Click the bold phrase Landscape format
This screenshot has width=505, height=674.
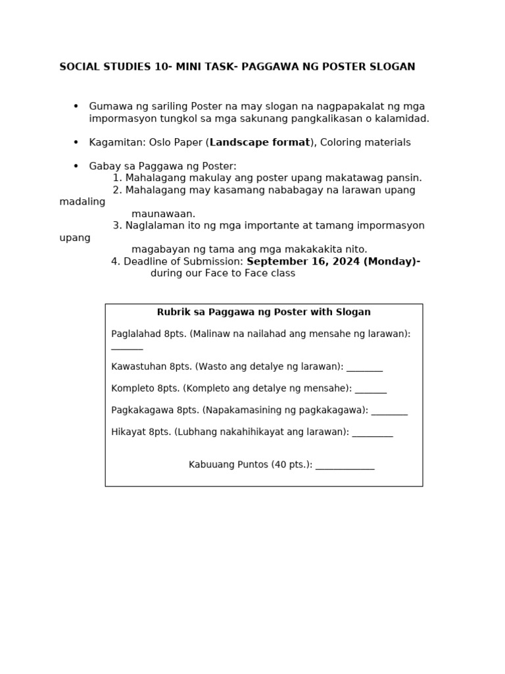(x=260, y=143)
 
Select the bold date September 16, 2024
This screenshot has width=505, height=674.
(x=303, y=261)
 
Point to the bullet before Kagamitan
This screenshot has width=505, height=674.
(x=76, y=143)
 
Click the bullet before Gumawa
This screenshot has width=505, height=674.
(x=76, y=107)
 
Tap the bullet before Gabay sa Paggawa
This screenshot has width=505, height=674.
(x=76, y=167)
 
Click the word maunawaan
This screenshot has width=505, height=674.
(x=163, y=214)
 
